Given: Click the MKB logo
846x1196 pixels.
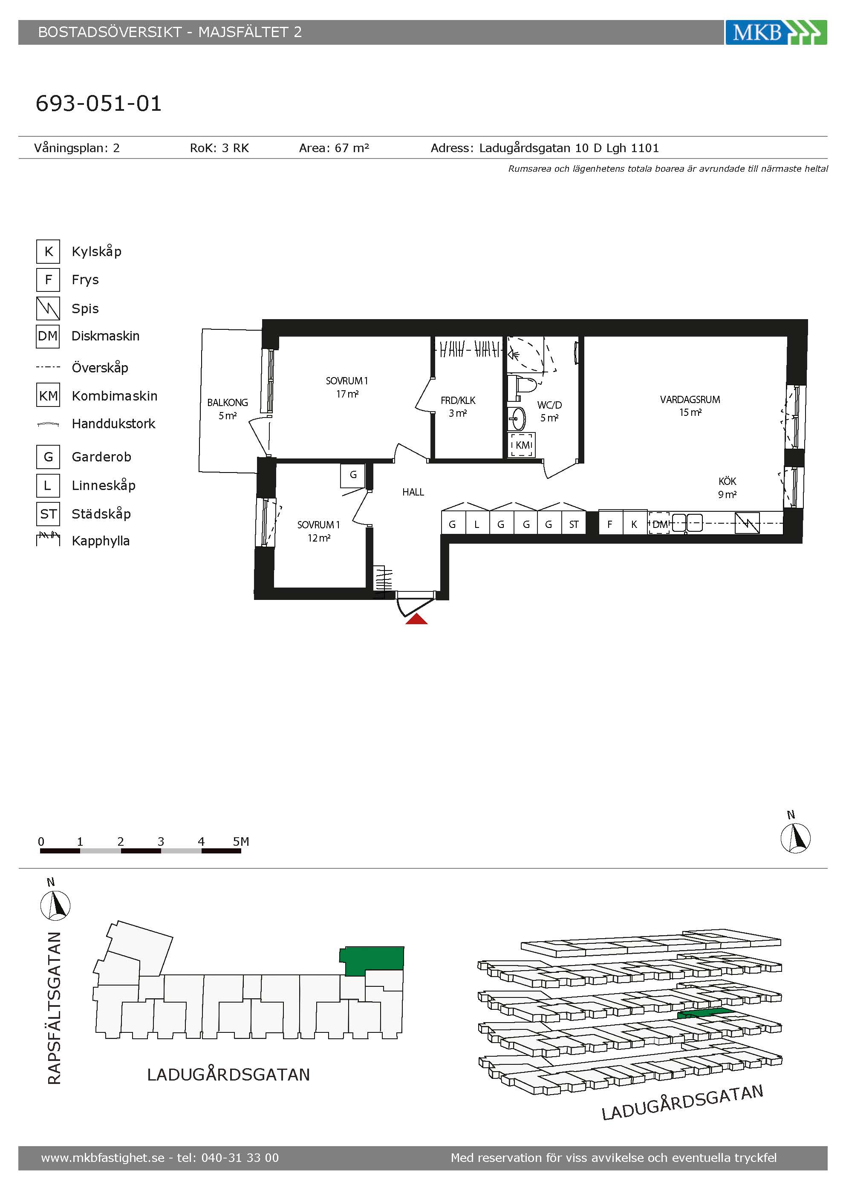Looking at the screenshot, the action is pyautogui.click(x=776, y=32).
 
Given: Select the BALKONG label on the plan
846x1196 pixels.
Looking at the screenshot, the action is pyautogui.click(x=227, y=403).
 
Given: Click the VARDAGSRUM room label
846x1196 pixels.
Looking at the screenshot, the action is pyautogui.click(x=690, y=400).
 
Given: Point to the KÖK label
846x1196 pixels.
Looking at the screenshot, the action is pyautogui.click(x=727, y=481).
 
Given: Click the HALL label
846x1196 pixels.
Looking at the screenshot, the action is pyautogui.click(x=413, y=492).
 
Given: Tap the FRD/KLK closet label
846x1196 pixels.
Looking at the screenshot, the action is pyautogui.click(x=458, y=401).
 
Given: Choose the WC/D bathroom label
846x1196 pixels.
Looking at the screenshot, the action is pyautogui.click(x=550, y=405).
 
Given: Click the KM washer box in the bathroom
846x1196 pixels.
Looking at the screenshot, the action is pyautogui.click(x=522, y=445).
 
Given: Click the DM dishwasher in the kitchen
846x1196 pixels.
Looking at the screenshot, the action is pyautogui.click(x=659, y=524).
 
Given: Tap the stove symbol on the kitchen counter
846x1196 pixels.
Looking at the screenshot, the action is pyautogui.click(x=747, y=523).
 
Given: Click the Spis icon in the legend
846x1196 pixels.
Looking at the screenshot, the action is pyautogui.click(x=48, y=308).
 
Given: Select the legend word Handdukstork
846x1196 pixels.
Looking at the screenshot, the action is pyautogui.click(x=113, y=424).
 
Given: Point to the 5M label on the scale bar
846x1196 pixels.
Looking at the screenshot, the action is pyautogui.click(x=241, y=841).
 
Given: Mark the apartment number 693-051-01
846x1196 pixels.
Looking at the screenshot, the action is pyautogui.click(x=98, y=103).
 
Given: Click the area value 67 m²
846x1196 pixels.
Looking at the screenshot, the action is pyautogui.click(x=352, y=148).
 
